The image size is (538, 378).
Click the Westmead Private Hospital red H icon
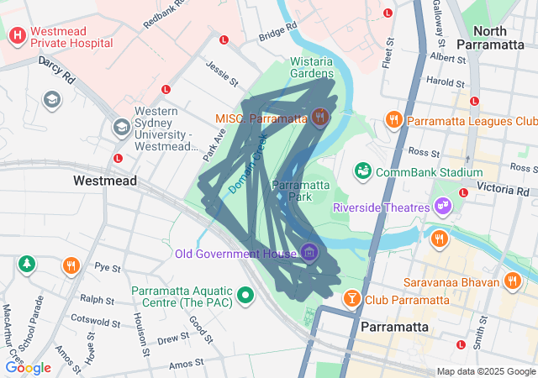pyautogui.click(x=17, y=37)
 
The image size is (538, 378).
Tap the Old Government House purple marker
pyautogui.click(x=309, y=252)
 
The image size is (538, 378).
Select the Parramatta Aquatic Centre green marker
pyautogui.click(x=245, y=295)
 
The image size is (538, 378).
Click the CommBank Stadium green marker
pyautogui.click(x=363, y=171)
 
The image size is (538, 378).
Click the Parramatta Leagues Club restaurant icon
pyautogui.click(x=393, y=120)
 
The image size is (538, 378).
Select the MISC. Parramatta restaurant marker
pyautogui.click(x=319, y=118)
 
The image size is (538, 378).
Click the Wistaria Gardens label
pyautogui.click(x=312, y=67)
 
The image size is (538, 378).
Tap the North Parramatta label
pyautogui.click(x=493, y=38)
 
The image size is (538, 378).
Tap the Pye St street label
pyautogui.click(x=108, y=268)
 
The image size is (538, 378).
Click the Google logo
pyautogui.click(x=28, y=368)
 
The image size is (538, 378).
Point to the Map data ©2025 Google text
pyautogui.click(x=485, y=371)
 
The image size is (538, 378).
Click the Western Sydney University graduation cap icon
pyautogui.click(x=121, y=127)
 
